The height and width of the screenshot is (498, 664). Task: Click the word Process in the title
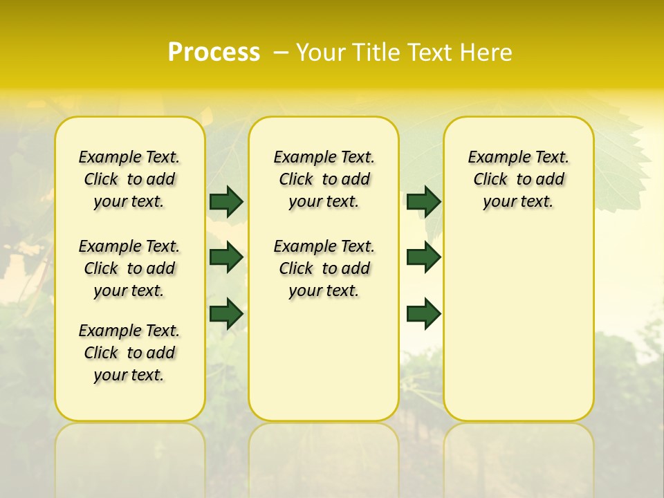coord(214,53)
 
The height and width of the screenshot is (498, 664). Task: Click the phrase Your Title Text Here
coord(404,53)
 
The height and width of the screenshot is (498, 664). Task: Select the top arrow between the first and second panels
coord(226,201)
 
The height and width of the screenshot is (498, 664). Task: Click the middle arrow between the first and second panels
coord(226,257)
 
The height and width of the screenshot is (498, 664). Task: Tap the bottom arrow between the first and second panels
coord(226,313)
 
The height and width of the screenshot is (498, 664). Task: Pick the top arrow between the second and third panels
coord(423,201)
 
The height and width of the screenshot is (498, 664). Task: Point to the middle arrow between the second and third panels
coord(423,257)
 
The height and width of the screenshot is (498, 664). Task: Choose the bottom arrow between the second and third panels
coord(423,313)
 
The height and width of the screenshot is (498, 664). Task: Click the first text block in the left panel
coord(129,179)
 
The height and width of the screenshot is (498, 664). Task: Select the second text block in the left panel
coord(129,268)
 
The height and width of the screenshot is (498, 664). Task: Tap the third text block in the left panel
coord(129,353)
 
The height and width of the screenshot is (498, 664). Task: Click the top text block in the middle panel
coord(324,179)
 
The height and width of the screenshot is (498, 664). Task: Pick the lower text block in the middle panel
coord(324,268)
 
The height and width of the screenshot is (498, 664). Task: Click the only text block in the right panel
coord(518,179)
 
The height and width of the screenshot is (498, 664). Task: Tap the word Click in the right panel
coord(490,180)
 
